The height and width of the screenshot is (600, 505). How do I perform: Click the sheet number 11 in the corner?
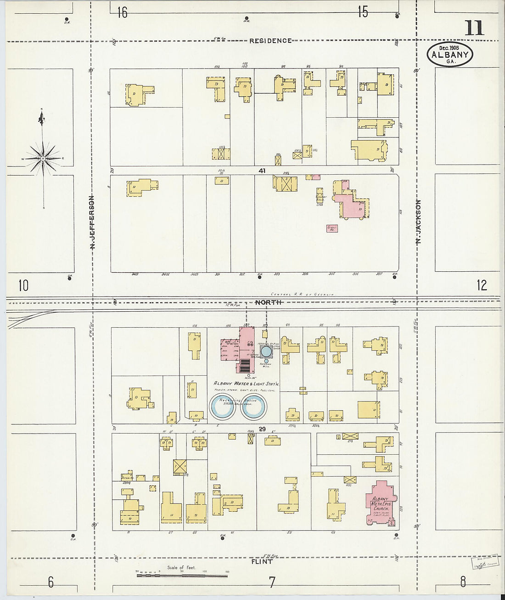[474, 28]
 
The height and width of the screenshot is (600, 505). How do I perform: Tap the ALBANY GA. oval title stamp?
[450, 54]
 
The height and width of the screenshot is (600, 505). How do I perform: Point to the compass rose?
[43, 159]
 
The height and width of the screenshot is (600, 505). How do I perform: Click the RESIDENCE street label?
[270, 41]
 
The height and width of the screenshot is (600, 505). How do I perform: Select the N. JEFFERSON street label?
[92, 223]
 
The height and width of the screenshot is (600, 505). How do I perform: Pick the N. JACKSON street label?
[418, 222]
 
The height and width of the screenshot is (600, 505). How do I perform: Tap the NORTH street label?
[268, 302]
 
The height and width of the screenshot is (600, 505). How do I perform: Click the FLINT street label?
[262, 561]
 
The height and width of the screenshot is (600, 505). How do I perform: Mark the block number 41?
[262, 171]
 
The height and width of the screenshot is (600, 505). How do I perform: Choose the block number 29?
[262, 429]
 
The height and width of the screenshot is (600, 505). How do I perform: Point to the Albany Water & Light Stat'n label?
[246, 383]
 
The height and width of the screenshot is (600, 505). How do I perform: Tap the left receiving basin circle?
[223, 406]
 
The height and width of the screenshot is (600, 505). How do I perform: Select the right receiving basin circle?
[254, 406]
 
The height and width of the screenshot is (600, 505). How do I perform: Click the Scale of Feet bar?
[181, 575]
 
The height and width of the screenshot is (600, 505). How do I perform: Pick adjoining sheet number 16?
[122, 12]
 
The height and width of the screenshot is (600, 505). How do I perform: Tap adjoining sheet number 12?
[481, 285]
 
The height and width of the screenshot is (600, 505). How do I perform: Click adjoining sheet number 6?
[50, 582]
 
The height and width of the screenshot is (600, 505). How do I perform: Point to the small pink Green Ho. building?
[332, 228]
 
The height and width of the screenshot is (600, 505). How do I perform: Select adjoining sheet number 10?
[23, 286]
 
